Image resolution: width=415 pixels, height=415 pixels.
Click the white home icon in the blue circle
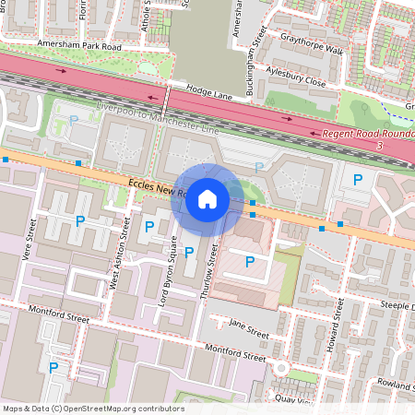tap(207, 198)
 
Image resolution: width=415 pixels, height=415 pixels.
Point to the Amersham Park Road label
tap(79, 45)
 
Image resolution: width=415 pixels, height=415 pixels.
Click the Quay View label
tap(294, 398)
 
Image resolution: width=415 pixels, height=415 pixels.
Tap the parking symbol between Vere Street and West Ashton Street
tap(80, 221)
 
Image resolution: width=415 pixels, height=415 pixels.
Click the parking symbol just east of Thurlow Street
tap(249, 262)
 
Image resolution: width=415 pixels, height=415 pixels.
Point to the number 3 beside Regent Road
tap(380, 146)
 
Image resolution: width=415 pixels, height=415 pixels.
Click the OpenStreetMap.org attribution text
tap(92, 409)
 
